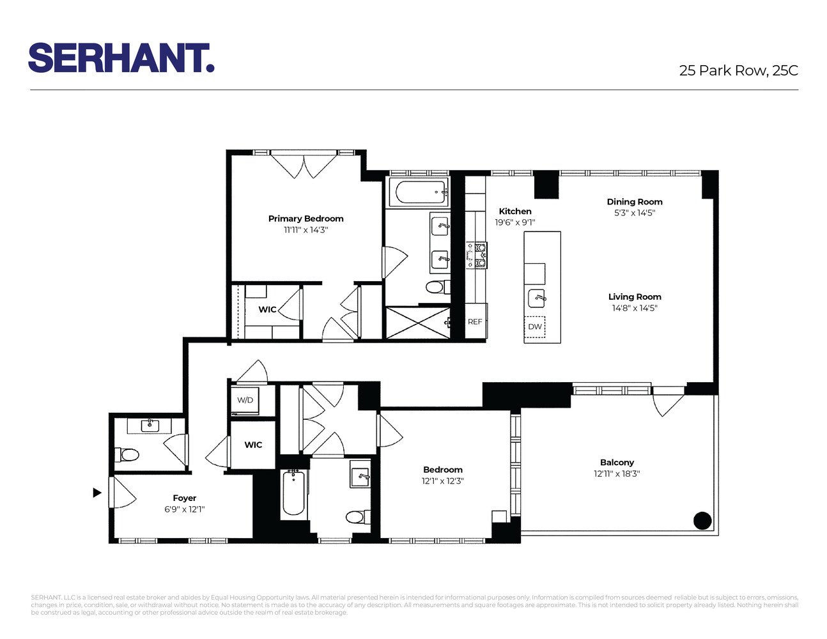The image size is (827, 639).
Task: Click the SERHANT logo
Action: pyautogui.click(x=121, y=58)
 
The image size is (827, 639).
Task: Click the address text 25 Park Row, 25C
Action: pyautogui.click(x=738, y=70)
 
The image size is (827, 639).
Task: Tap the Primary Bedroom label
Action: pyautogui.click(x=305, y=219)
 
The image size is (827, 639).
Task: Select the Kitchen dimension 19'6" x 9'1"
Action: pyautogui.click(x=514, y=222)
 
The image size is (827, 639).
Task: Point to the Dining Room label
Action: pyautogui.click(x=635, y=202)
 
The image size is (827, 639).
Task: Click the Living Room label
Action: pyautogui.click(x=635, y=296)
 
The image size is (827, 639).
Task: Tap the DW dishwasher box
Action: pyautogui.click(x=535, y=327)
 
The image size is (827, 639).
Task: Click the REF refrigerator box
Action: pyautogui.click(x=475, y=321)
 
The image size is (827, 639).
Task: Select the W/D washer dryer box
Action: pyautogui.click(x=245, y=400)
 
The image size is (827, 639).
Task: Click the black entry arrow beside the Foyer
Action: pyautogui.click(x=97, y=493)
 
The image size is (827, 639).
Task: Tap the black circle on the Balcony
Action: pyautogui.click(x=702, y=520)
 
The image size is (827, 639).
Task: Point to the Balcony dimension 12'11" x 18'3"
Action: pyautogui.click(x=617, y=473)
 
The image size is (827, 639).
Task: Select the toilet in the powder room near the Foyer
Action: pyautogui.click(x=128, y=455)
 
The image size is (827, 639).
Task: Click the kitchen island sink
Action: pyautogui.click(x=537, y=297)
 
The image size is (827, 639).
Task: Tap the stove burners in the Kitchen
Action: pyautogui.click(x=477, y=254)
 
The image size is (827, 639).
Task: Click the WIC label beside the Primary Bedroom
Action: pyautogui.click(x=267, y=309)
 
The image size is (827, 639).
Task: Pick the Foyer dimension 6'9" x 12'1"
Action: pyautogui.click(x=184, y=509)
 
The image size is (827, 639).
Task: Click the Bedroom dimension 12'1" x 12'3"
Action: pyautogui.click(x=442, y=481)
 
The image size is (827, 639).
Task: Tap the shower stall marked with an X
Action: pyautogui.click(x=417, y=323)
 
